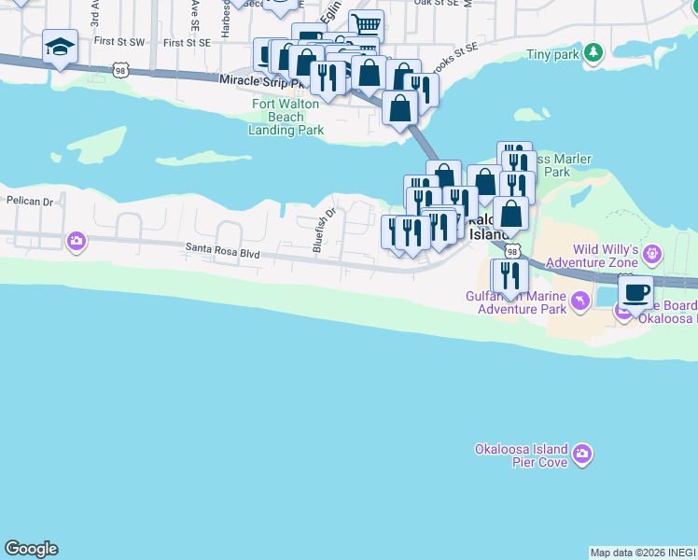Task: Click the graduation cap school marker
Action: [60, 47]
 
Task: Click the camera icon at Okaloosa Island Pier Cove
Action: [582, 455]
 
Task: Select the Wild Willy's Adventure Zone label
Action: [604, 257]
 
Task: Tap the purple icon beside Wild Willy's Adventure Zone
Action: [652, 252]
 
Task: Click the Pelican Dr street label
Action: [25, 201]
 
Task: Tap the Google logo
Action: [31, 549]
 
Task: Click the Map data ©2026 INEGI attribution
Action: [642, 553]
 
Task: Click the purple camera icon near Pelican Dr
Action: [77, 242]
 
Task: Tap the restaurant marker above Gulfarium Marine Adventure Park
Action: [510, 276]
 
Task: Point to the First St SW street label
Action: [119, 43]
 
